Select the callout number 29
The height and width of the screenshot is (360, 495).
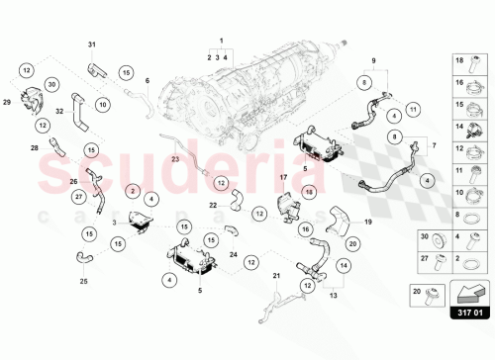[x=6, y=102]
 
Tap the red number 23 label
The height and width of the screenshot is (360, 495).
[x=175, y=158]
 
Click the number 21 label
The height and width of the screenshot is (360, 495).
[x=277, y=275]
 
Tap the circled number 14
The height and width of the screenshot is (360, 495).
[x=344, y=265]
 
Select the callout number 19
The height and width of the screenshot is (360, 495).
[x=367, y=223]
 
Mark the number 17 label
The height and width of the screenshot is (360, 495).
[x=282, y=177]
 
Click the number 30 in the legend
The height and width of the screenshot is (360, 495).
[x=425, y=237]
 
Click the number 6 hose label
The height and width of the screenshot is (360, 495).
[x=147, y=80]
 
